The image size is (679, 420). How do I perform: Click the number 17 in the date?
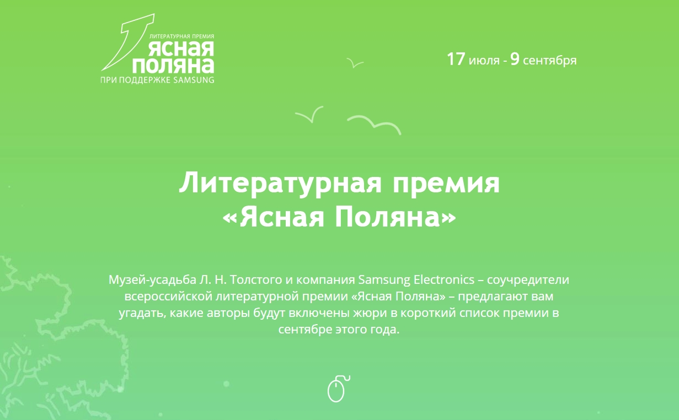456,59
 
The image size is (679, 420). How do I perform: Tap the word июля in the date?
484,60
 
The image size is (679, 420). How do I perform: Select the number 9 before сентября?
515,59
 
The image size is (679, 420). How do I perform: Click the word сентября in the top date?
550,60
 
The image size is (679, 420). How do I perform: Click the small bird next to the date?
354,63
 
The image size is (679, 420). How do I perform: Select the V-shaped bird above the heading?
310,115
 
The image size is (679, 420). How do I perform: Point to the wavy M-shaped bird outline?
374,125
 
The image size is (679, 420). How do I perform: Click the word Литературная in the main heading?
280,183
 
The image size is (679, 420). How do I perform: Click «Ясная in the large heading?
274,217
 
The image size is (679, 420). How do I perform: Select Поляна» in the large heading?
395,217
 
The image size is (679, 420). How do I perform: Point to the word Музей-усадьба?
152,280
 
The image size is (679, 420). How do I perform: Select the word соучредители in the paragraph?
528,280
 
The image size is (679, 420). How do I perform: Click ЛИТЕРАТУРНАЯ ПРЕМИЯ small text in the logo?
182,36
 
